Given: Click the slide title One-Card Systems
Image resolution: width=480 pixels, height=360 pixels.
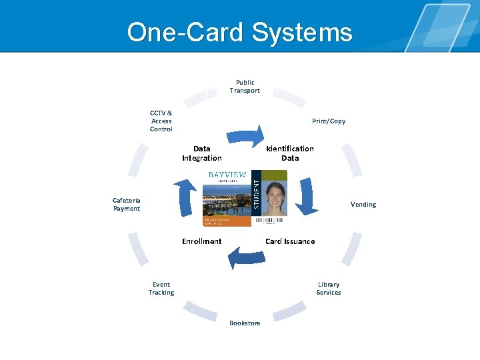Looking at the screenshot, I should tap(240, 31).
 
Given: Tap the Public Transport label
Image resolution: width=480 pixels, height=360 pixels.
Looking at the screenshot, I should tap(245, 87).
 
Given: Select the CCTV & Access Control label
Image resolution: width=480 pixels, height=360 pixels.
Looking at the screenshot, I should tap(161, 121).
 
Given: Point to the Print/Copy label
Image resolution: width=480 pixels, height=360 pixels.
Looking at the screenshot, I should tap(329, 121).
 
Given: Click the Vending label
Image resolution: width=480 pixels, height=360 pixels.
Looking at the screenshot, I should tap(363, 205).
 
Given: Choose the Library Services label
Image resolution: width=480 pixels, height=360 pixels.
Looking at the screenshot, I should tap(329, 288).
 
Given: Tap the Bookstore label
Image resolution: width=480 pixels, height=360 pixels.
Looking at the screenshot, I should tap(245, 323).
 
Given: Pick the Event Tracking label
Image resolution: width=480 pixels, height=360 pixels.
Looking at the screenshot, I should tap(161, 288).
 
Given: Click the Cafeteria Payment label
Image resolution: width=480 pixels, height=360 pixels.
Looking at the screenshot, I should tap(127, 205).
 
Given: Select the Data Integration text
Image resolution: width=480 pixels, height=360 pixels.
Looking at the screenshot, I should tap(201, 153).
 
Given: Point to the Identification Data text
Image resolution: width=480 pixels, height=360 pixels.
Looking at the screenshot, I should tap(290, 153).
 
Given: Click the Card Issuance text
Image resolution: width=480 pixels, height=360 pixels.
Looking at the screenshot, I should tap(290, 241).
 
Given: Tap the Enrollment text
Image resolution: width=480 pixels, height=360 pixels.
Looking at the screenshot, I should tap(201, 241).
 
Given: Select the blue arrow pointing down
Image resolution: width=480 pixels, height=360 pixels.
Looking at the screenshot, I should tap(306, 195).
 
